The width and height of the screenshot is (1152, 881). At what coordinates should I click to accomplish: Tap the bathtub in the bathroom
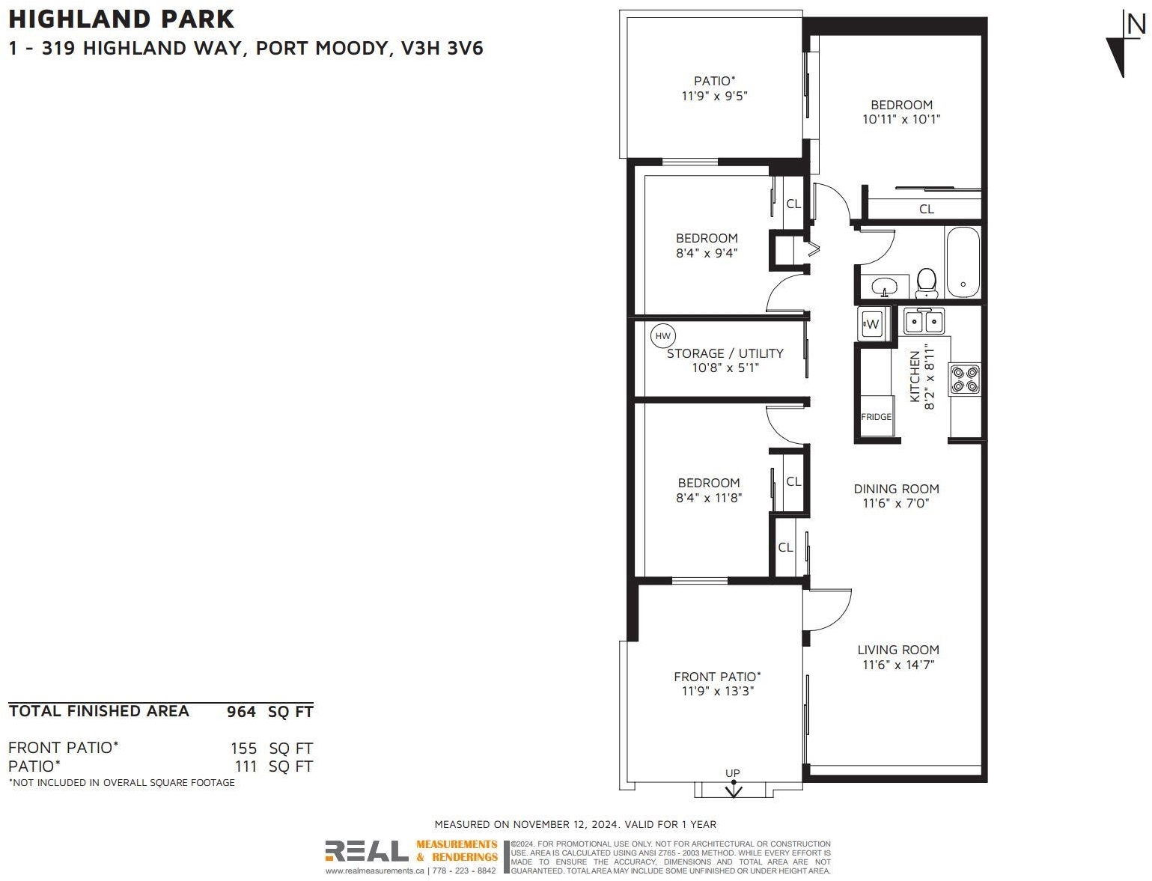point(963,263)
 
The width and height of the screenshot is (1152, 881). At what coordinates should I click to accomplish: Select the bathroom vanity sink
point(884,287)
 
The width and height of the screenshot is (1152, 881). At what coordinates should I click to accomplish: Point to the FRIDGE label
point(876,417)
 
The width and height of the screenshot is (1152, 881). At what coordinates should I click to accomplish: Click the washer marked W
point(872,324)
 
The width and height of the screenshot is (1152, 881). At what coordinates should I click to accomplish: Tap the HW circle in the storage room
point(663,336)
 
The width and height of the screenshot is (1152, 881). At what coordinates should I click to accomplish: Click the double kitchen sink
point(924,321)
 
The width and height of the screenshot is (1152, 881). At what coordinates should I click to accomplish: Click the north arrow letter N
point(1136,25)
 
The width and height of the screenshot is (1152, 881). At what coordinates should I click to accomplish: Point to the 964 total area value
point(242,712)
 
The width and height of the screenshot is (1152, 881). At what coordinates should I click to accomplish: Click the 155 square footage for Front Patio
point(244,749)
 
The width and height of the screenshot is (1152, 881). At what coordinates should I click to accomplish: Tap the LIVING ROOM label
point(898,650)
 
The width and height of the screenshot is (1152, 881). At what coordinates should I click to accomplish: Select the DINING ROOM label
point(897,489)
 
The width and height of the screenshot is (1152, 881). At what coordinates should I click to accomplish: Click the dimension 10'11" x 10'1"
point(901,119)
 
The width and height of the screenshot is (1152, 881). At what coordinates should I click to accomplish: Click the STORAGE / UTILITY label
point(725,353)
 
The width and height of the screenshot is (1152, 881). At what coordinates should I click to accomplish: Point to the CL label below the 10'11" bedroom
point(927,209)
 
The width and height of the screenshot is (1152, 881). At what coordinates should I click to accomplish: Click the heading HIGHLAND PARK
point(121,19)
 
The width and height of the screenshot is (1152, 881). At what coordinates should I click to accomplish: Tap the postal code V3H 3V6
point(442,48)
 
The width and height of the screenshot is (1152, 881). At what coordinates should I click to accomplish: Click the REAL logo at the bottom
point(366,851)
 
